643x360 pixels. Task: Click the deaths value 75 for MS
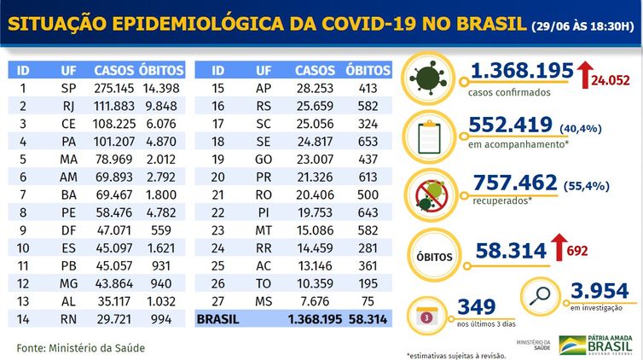pyautogui.click(x=368, y=300)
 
